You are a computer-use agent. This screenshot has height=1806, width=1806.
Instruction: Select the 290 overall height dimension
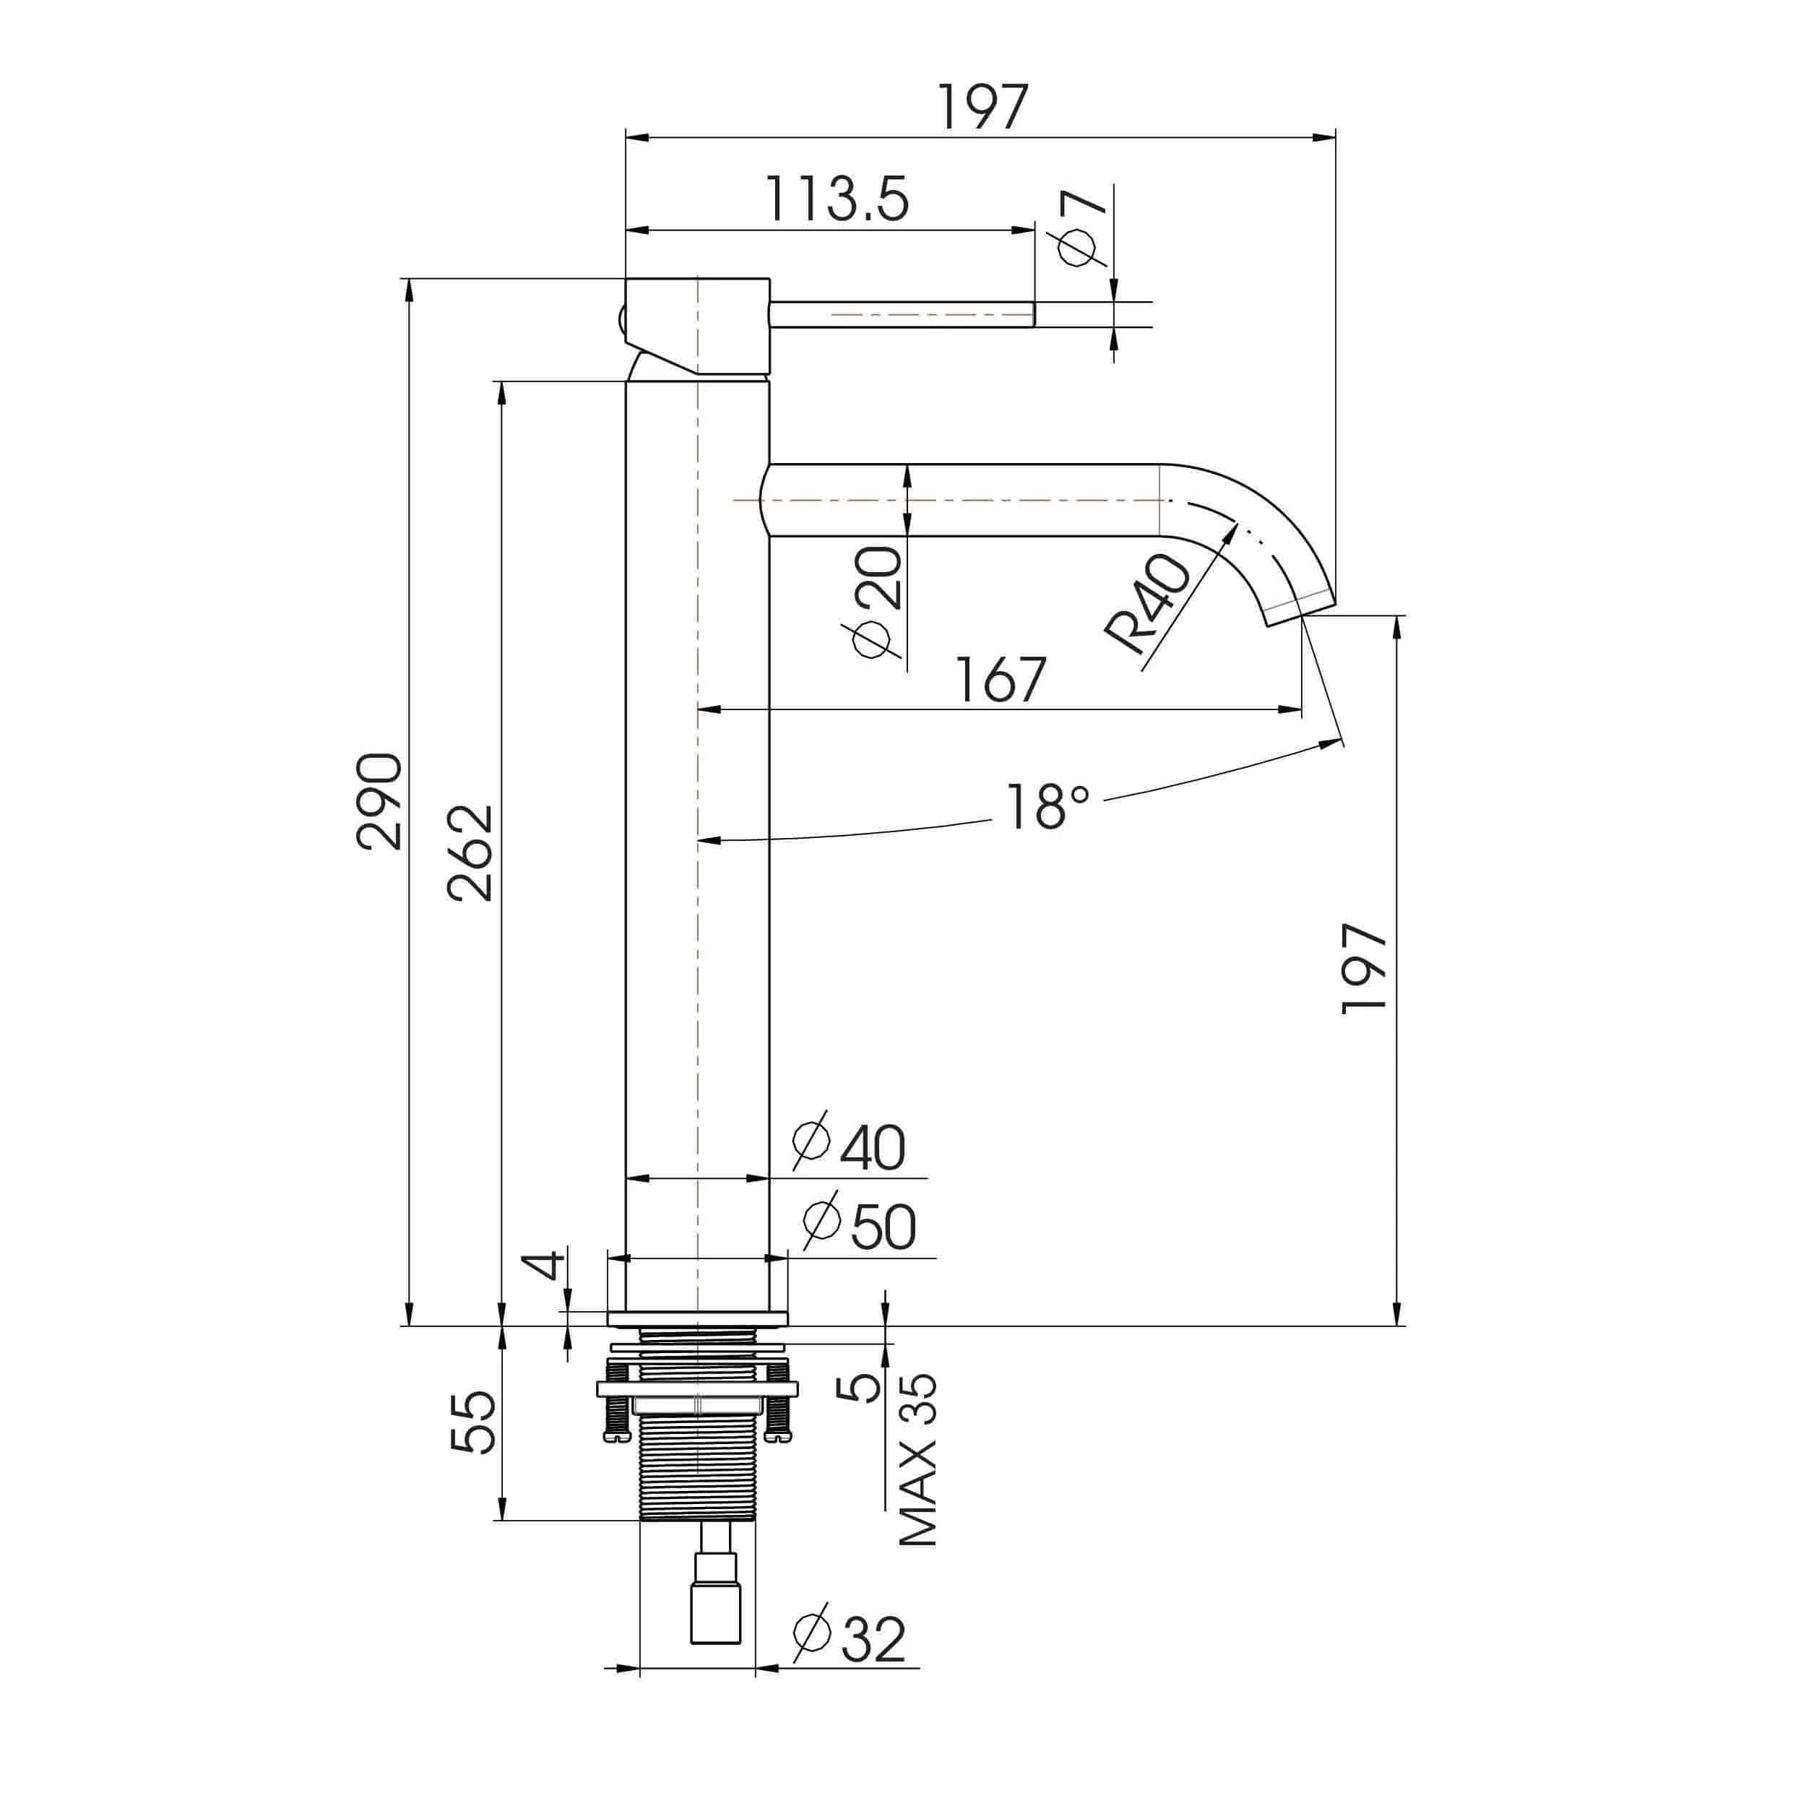[x=379, y=800]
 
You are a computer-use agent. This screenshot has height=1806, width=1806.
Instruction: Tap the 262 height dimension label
[x=470, y=852]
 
